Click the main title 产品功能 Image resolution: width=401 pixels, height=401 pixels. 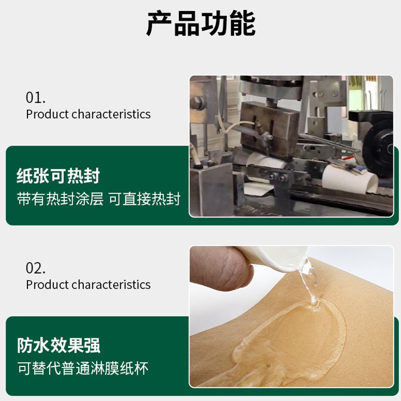201,23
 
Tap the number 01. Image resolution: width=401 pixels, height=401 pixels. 36,97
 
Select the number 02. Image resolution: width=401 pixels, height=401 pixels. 36,268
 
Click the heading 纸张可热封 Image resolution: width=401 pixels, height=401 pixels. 58,176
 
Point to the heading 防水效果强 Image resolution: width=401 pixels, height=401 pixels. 59,345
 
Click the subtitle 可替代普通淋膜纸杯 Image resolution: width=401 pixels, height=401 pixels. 83,368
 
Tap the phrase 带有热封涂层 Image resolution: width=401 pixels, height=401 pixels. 60,199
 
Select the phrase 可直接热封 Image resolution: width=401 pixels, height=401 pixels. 144,199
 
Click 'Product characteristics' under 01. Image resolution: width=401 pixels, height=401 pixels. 88,114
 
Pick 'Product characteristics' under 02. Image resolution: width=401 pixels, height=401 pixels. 88,285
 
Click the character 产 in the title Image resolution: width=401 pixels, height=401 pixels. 159,23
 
